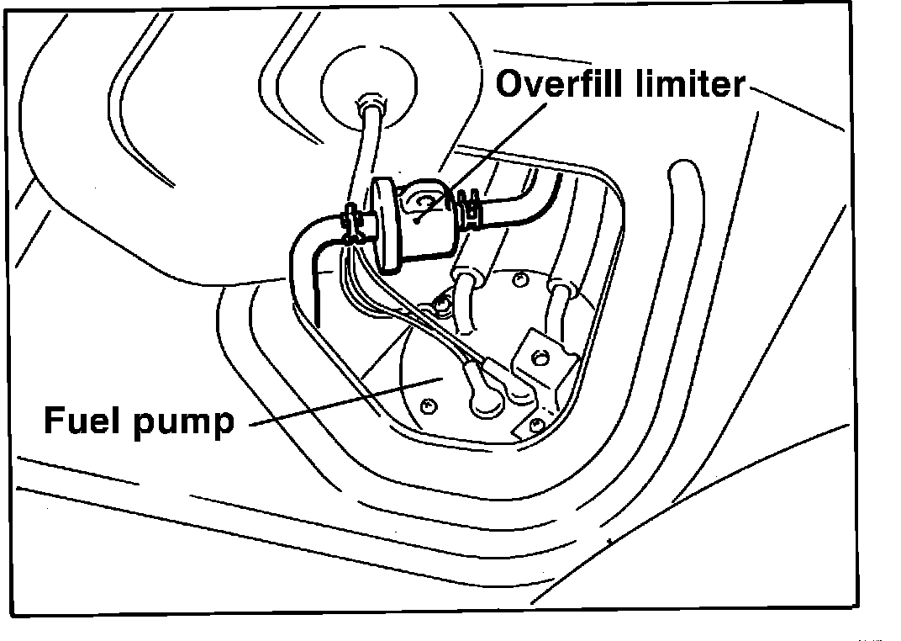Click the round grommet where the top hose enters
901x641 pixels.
pos(370,105)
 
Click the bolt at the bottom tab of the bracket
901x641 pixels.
pos(532,420)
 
